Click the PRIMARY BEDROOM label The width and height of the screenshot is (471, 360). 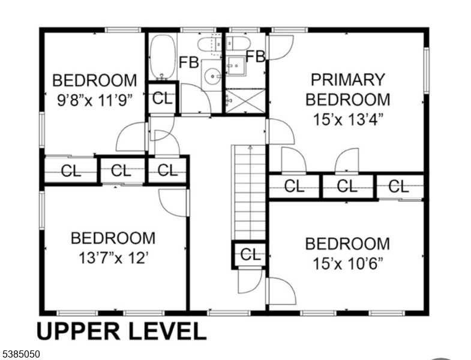point(348,89)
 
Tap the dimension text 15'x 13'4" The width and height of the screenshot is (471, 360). point(349,119)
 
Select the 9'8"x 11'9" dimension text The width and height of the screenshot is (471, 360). point(95,100)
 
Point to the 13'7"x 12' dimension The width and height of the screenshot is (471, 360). point(113,258)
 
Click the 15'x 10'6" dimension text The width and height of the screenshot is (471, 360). point(348,263)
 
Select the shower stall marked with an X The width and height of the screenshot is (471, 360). point(245,101)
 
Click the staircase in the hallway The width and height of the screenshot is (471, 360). point(249,193)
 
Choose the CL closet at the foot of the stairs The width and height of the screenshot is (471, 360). point(250,255)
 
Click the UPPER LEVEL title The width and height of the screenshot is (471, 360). point(121,331)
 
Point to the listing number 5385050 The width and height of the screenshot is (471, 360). point(20,354)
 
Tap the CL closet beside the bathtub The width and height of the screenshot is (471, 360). point(162,98)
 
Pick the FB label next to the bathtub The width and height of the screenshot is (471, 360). point(188,62)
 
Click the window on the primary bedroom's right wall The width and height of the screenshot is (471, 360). point(426,71)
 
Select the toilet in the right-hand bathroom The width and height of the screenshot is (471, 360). point(238,44)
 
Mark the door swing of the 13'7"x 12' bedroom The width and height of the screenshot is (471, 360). point(172,203)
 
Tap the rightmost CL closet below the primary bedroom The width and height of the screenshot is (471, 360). point(399,187)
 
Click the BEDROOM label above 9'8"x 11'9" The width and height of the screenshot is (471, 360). point(95,80)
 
